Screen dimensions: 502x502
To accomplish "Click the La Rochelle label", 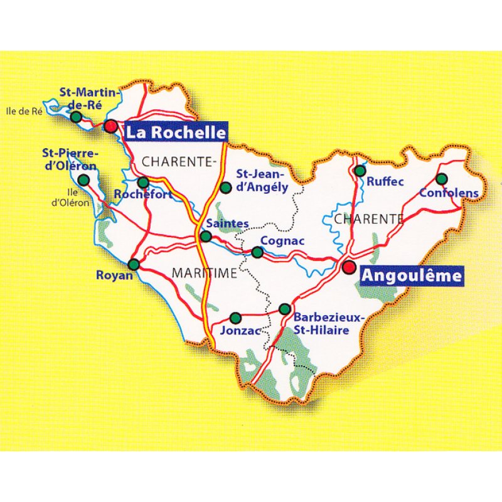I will click(x=175, y=133).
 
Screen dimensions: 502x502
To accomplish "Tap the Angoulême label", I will click(x=412, y=275).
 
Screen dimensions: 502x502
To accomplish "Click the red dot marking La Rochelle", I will click(x=111, y=126).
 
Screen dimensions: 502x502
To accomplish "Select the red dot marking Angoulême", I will click(x=349, y=267).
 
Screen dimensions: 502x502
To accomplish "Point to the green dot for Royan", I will click(x=133, y=264).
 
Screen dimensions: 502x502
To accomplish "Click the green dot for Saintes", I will click(x=205, y=237).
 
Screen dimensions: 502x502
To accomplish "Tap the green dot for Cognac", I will click(x=257, y=252).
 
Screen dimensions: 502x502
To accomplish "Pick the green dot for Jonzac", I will click(x=235, y=318).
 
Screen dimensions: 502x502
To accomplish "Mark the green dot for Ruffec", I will click(x=360, y=171).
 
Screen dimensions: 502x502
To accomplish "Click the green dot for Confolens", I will click(x=442, y=178).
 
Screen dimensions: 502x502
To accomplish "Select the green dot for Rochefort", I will click(x=143, y=183).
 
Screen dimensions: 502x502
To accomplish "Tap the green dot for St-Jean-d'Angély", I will click(x=226, y=186).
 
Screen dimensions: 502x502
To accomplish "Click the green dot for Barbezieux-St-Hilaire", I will click(x=285, y=309).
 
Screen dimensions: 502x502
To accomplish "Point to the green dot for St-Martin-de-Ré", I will click(x=76, y=117).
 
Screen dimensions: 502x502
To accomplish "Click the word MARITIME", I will click(x=204, y=273).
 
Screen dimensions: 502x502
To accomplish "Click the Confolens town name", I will click(x=449, y=193).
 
